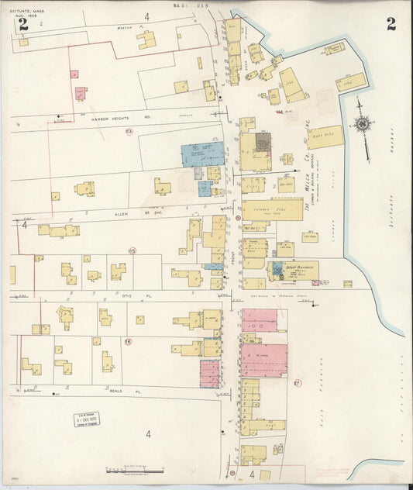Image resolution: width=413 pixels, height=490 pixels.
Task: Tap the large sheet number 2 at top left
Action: tap(22, 24)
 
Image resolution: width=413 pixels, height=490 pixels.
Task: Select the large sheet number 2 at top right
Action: tap(391, 23)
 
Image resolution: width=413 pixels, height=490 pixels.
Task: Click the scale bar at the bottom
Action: tap(135, 471)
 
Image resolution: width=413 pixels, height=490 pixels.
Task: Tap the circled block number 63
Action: tap(129, 133)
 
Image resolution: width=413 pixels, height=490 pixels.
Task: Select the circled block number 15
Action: tap(132, 250)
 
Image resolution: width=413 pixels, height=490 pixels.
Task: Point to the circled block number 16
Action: tap(128, 341)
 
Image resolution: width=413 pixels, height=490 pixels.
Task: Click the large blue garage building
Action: tap(202, 154)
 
